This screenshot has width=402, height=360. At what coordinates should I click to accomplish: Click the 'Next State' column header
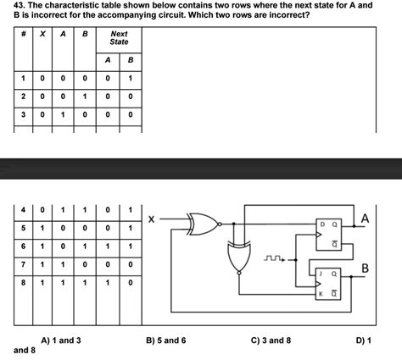pyautogui.click(x=119, y=37)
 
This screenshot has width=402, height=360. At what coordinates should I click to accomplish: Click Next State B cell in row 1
pyautogui.click(x=130, y=79)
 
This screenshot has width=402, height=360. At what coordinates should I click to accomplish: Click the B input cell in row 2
pyautogui.click(x=85, y=97)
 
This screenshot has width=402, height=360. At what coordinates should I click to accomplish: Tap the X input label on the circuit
pyautogui.click(x=151, y=219)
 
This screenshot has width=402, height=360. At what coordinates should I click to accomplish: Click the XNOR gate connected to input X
pyautogui.click(x=202, y=224)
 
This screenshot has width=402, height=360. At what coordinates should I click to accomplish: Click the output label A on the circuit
pyautogui.click(x=365, y=219)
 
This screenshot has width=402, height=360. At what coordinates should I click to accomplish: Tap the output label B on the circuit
pyautogui.click(x=366, y=269)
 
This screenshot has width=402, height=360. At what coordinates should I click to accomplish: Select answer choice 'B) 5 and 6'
pyautogui.click(x=165, y=340)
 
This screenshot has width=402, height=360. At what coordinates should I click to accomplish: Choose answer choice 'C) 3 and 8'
pyautogui.click(x=271, y=340)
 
